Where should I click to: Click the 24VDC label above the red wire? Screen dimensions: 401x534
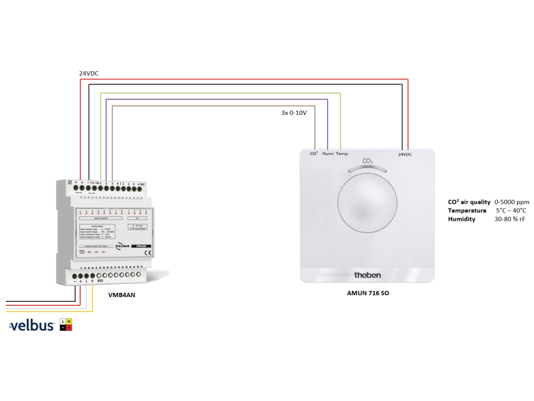pyautogui.click(x=89, y=74)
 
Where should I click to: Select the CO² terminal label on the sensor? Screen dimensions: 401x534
pyautogui.click(x=314, y=154)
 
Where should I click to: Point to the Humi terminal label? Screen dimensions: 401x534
pyautogui.click(x=328, y=154)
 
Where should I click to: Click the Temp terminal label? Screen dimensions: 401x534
pyautogui.click(x=342, y=154)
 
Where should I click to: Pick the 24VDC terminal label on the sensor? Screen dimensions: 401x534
pyautogui.click(x=405, y=155)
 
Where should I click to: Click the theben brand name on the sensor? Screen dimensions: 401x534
pyautogui.click(x=368, y=275)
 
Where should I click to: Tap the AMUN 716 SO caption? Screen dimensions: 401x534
pyautogui.click(x=368, y=293)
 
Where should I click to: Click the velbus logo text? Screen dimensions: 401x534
pyautogui.click(x=32, y=326)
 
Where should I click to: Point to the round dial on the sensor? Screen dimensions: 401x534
pyautogui.click(x=368, y=204)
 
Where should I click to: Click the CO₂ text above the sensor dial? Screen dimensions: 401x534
pyautogui.click(x=368, y=161)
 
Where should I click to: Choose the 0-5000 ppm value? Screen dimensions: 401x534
pyautogui.click(x=512, y=202)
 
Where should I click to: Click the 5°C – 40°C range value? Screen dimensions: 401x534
pyautogui.click(x=511, y=210)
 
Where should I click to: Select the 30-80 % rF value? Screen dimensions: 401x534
pyautogui.click(x=509, y=219)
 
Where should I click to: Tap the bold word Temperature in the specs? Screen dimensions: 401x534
pyautogui.click(x=467, y=210)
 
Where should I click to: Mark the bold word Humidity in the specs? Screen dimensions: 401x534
pyautogui.click(x=462, y=219)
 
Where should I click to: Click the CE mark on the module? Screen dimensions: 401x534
pyautogui.click(x=147, y=253)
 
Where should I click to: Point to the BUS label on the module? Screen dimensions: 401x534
pyautogui.click(x=100, y=281)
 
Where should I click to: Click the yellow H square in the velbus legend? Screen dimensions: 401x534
pyautogui.click(x=69, y=321)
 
